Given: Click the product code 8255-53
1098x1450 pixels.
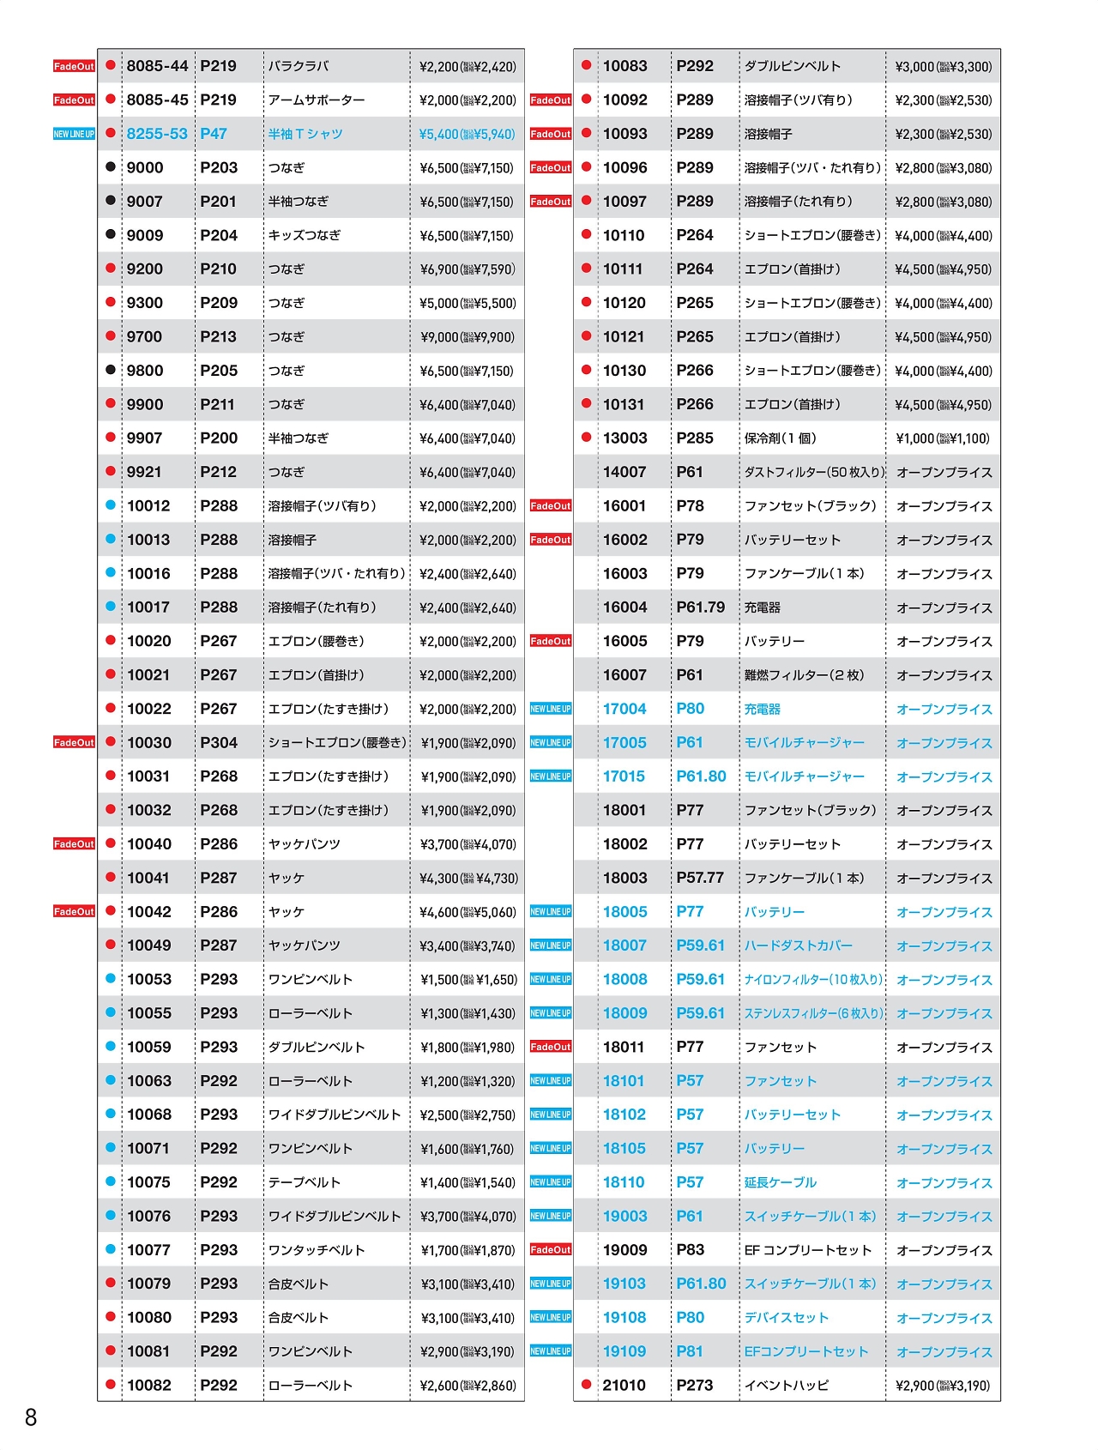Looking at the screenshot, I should (x=157, y=134).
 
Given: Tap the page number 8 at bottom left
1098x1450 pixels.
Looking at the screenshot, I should (x=31, y=1417).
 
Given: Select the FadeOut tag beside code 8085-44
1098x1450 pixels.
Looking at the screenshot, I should (x=75, y=66).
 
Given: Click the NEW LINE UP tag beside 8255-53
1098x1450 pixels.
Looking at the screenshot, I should (x=75, y=134).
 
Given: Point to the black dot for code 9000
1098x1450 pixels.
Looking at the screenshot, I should (x=111, y=167).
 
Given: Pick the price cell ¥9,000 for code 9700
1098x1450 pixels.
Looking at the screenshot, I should (x=468, y=337).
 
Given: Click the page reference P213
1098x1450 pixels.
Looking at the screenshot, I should (x=218, y=337).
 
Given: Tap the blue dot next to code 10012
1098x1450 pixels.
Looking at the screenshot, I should (x=111, y=505).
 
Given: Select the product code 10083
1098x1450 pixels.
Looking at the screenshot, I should (x=624, y=66).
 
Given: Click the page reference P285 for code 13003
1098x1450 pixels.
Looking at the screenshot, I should (x=695, y=438).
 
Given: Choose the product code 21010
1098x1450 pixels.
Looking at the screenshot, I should (x=624, y=1385).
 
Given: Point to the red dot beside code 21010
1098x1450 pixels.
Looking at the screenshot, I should (x=587, y=1384).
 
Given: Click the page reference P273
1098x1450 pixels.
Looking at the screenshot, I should (x=695, y=1385).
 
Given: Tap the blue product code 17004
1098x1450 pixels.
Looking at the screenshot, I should (x=624, y=709).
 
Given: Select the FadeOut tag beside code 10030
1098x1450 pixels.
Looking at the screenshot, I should (x=75, y=742).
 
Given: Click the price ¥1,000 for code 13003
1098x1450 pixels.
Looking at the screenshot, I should (x=943, y=438).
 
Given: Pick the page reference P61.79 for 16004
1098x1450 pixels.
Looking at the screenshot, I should (x=700, y=607).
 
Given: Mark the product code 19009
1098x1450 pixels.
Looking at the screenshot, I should (x=624, y=1250).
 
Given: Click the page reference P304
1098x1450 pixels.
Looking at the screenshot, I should (x=219, y=742).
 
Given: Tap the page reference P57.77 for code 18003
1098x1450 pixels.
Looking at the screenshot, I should (x=700, y=878).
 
